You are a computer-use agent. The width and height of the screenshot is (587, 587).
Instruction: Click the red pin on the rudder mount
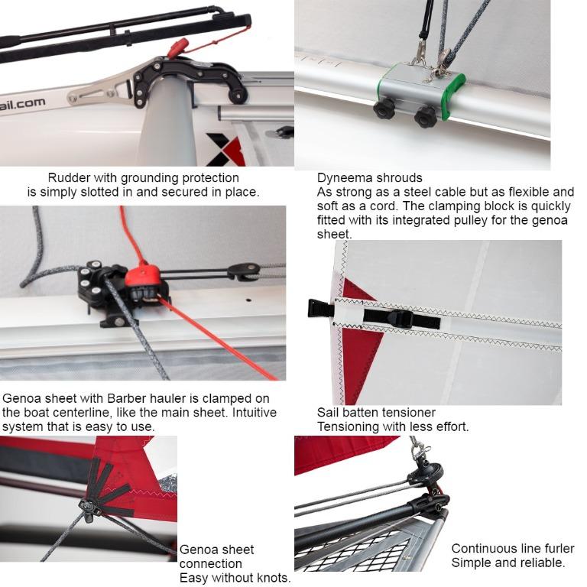point(177,48)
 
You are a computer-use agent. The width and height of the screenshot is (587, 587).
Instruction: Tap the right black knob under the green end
point(425,115)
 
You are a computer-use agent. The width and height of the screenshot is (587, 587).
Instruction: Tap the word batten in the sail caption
point(362,413)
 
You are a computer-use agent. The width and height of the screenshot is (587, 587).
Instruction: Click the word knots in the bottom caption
point(271,578)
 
